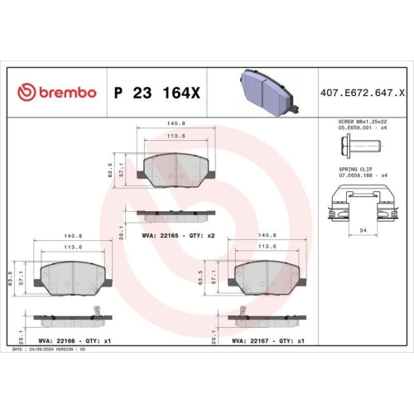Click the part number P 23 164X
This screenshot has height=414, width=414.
tap(156, 92)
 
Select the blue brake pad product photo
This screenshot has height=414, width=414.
tap(267, 86)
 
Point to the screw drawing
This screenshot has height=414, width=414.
tap(356, 148)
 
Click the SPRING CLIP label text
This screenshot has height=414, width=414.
tap(356, 169)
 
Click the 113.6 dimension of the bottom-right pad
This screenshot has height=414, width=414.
tap(267, 246)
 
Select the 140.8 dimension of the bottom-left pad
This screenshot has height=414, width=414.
tap(72, 235)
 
